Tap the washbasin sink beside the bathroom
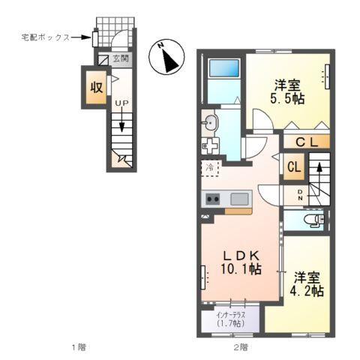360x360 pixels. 210,122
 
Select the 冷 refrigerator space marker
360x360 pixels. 211,168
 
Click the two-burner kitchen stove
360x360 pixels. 213,199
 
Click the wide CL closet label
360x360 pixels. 307,142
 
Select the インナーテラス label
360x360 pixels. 229,315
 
